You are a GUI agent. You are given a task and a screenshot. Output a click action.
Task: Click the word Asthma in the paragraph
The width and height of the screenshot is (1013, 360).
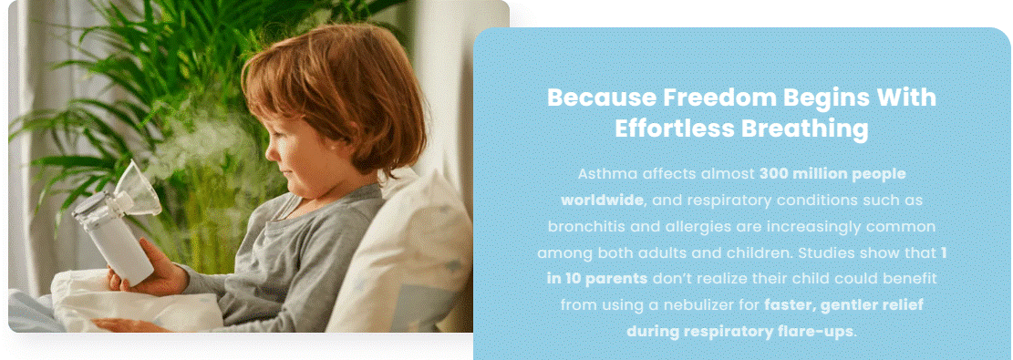[x=601, y=174]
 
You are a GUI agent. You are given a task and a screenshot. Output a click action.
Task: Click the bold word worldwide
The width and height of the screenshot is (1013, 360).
[x=602, y=201]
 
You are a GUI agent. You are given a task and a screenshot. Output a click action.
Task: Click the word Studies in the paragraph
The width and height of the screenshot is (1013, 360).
[x=822, y=253]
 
